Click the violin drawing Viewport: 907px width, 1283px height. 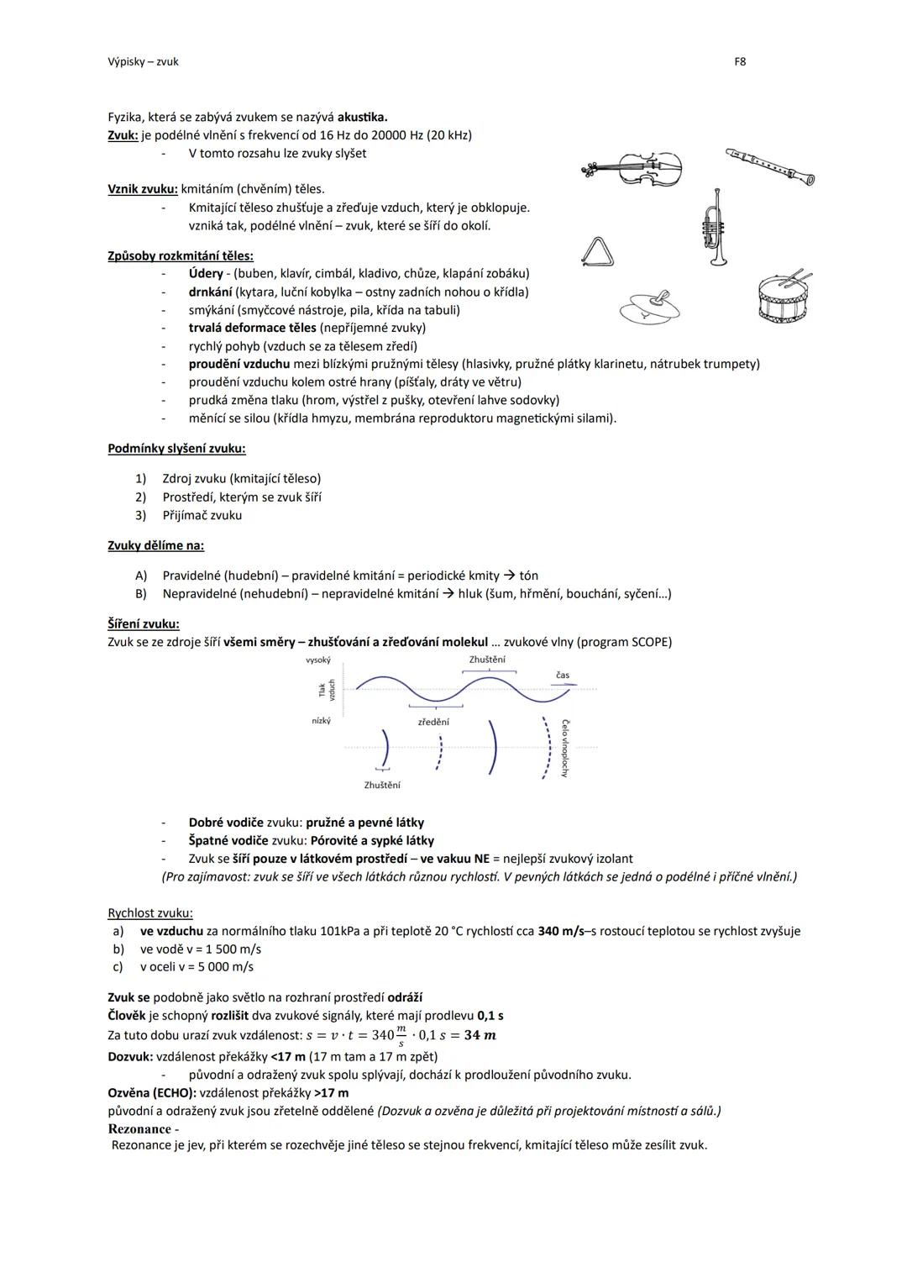[632, 170]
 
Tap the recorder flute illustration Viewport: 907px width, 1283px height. [770, 165]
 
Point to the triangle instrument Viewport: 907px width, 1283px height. [597, 251]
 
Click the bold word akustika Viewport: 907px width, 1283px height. [362, 117]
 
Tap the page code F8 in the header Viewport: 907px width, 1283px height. [740, 61]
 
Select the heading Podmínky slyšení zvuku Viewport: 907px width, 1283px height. [176, 449]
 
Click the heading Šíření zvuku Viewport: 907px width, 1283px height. [143, 624]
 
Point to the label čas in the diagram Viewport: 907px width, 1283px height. [562, 676]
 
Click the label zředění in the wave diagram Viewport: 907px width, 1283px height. [433, 722]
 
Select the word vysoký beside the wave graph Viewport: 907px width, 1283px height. [318, 660]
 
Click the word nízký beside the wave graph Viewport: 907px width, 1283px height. [321, 721]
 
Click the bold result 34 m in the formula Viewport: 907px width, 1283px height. [480, 1035]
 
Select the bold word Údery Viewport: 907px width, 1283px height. [206, 273]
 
